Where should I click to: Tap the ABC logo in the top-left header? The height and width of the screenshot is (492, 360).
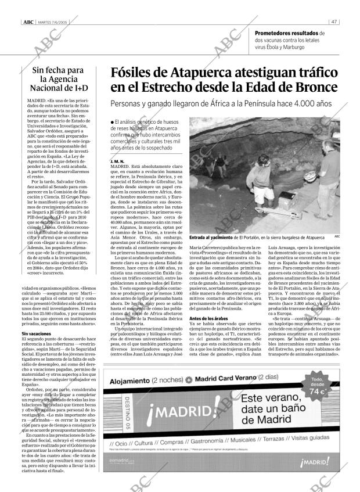pos(27,23)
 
